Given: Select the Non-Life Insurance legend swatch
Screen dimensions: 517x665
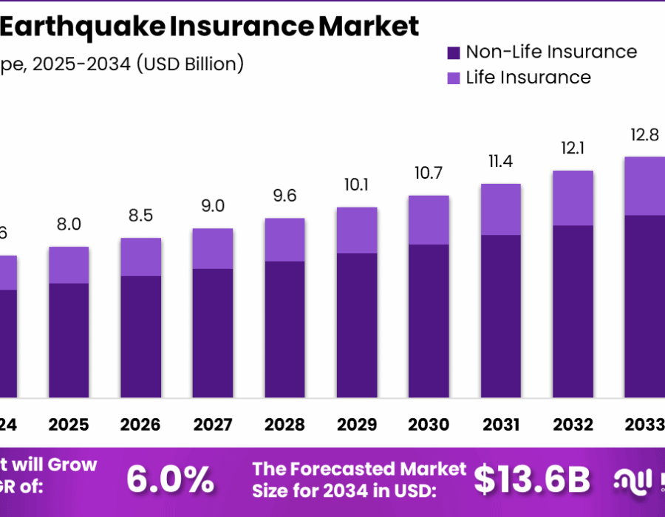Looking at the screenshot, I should pyautogui.click(x=454, y=52).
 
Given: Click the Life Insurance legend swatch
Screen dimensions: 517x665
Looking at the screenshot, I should pyautogui.click(x=454, y=78).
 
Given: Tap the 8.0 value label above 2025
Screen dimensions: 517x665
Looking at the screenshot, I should pyautogui.click(x=69, y=225).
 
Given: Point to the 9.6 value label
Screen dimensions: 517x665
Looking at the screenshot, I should pyautogui.click(x=284, y=196).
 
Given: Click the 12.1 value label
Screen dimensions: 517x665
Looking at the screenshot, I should pyautogui.click(x=573, y=148).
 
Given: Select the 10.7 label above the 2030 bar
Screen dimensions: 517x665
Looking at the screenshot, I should pyautogui.click(x=429, y=174).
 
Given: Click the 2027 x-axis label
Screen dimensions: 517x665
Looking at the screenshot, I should pyautogui.click(x=213, y=425).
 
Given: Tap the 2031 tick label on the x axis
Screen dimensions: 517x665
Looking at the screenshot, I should pyautogui.click(x=501, y=425).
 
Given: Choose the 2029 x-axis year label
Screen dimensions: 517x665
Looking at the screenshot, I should pyautogui.click(x=357, y=425).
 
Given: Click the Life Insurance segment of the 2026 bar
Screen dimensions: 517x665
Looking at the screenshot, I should pyautogui.click(x=141, y=257).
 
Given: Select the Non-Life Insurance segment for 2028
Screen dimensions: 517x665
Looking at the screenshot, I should pyautogui.click(x=284, y=329).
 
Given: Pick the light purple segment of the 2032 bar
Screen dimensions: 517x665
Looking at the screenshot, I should pyautogui.click(x=573, y=198).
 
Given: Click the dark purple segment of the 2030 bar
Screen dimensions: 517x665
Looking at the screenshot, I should pyautogui.click(x=429, y=321).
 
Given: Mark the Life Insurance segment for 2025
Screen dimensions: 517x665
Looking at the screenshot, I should pyautogui.click(x=69, y=265).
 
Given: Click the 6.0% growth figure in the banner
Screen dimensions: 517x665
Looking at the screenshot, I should pyautogui.click(x=170, y=480).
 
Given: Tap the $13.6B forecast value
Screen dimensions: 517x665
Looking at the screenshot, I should pyautogui.click(x=532, y=480).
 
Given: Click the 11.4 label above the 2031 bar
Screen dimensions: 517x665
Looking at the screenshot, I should pyautogui.click(x=501, y=161).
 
